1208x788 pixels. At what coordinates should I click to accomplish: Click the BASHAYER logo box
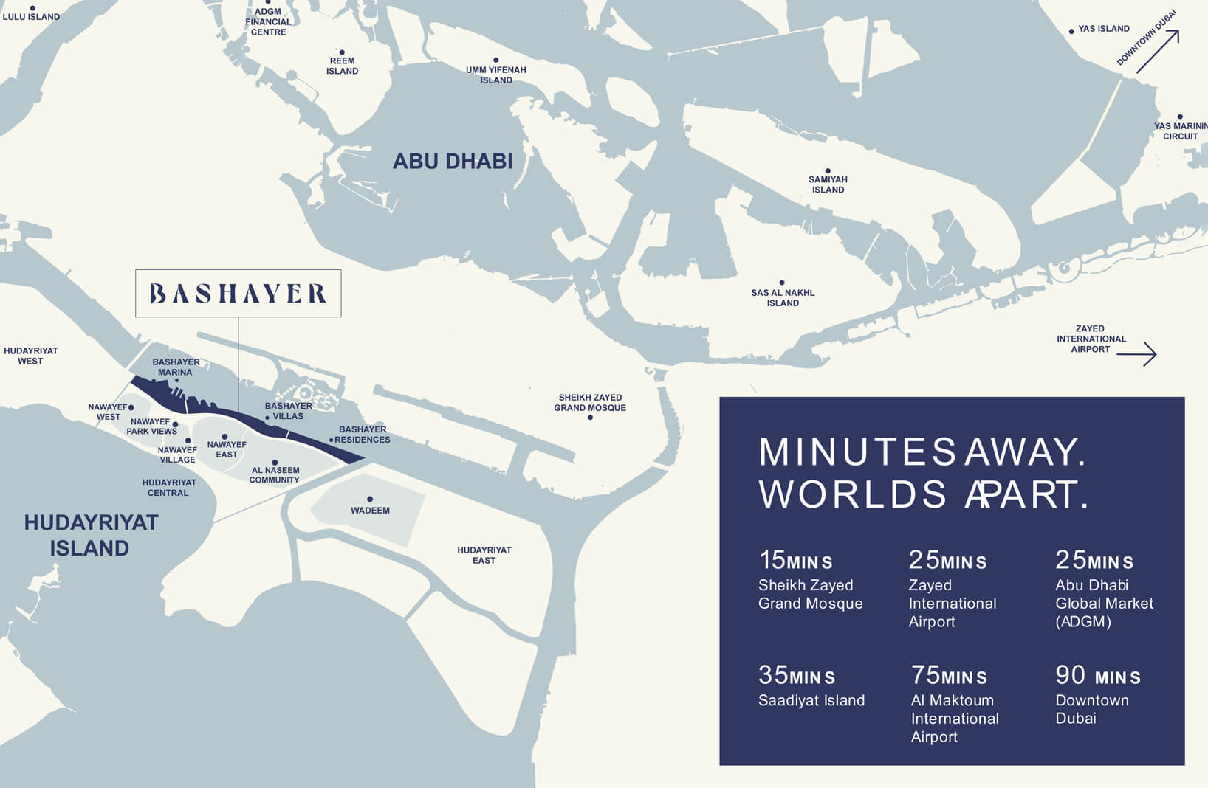(x=238, y=294)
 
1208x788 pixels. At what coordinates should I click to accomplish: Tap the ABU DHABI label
(x=452, y=162)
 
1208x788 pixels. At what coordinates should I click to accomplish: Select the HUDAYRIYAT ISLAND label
(x=90, y=536)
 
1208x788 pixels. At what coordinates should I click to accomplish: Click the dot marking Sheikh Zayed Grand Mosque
(x=590, y=418)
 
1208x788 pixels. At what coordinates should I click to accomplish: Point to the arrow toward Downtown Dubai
(x=1157, y=51)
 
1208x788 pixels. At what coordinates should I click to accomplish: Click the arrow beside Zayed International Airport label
(x=1136, y=354)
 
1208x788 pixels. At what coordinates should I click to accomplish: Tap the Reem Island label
(x=342, y=66)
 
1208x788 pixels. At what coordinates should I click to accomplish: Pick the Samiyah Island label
(x=828, y=184)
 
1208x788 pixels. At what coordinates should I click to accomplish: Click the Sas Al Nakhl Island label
(x=783, y=297)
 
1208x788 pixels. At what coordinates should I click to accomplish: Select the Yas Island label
(x=1103, y=29)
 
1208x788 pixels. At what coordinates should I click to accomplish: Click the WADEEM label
(x=370, y=511)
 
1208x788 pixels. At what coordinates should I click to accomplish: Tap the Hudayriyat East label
(x=484, y=555)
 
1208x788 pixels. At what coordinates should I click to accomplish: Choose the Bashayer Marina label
(x=176, y=367)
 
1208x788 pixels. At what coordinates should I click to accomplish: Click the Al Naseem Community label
(x=275, y=474)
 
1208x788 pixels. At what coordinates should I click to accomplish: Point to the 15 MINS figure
(x=795, y=561)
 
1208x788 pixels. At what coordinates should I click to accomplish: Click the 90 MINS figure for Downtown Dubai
(x=1097, y=676)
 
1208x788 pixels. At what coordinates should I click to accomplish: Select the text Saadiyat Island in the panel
(x=811, y=700)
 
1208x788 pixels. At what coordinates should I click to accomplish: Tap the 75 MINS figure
(x=948, y=676)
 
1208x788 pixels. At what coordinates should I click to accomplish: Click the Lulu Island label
(x=31, y=16)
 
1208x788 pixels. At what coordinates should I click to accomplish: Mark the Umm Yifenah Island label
(x=495, y=75)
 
